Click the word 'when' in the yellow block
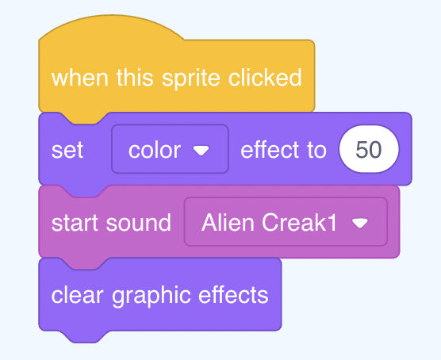(x=80, y=78)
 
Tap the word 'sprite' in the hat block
(x=191, y=79)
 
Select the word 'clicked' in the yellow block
(x=265, y=78)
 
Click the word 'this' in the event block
(x=135, y=78)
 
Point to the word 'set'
(x=67, y=150)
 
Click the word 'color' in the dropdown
(x=155, y=150)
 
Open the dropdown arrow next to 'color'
(x=201, y=151)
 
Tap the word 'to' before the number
(x=316, y=150)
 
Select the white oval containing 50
(x=369, y=149)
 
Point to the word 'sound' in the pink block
(x=138, y=223)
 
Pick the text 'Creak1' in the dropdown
(x=299, y=222)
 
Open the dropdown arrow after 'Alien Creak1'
(x=360, y=224)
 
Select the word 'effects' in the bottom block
(x=233, y=295)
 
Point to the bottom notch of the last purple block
(x=83, y=337)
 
